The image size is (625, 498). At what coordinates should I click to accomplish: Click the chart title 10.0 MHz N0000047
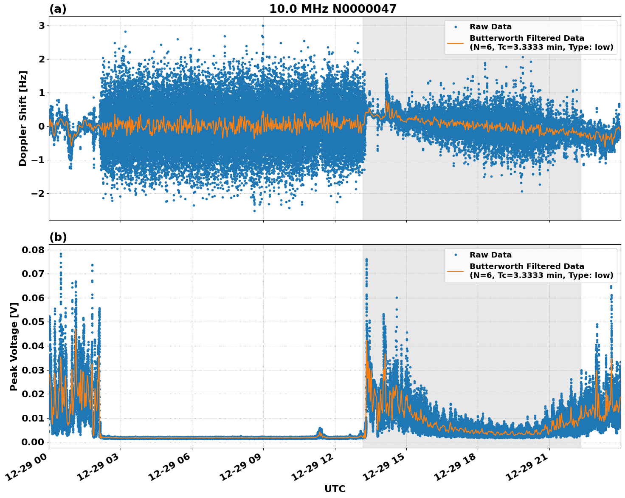[x=332, y=9]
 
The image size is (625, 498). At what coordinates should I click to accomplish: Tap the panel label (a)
[x=58, y=9]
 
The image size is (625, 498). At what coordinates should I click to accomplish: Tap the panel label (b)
[x=58, y=237]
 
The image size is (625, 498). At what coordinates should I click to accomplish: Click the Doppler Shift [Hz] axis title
[x=23, y=118]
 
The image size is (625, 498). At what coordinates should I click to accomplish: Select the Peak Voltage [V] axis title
[x=14, y=346]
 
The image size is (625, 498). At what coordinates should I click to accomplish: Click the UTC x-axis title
[x=335, y=489]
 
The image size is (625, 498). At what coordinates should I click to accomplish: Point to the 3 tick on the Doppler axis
[x=42, y=25]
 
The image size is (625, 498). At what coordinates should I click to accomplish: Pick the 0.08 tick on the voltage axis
[x=33, y=250]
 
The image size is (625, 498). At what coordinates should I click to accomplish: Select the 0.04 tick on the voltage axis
[x=33, y=346]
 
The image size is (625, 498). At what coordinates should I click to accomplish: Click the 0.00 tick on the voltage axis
[x=33, y=442]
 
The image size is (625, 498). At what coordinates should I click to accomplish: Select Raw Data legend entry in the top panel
[x=490, y=27]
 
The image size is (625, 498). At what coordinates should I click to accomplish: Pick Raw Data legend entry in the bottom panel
[x=490, y=255]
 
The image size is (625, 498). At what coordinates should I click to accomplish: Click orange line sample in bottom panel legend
[x=456, y=271]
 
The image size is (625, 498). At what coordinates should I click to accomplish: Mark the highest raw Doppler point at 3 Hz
[x=263, y=25]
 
